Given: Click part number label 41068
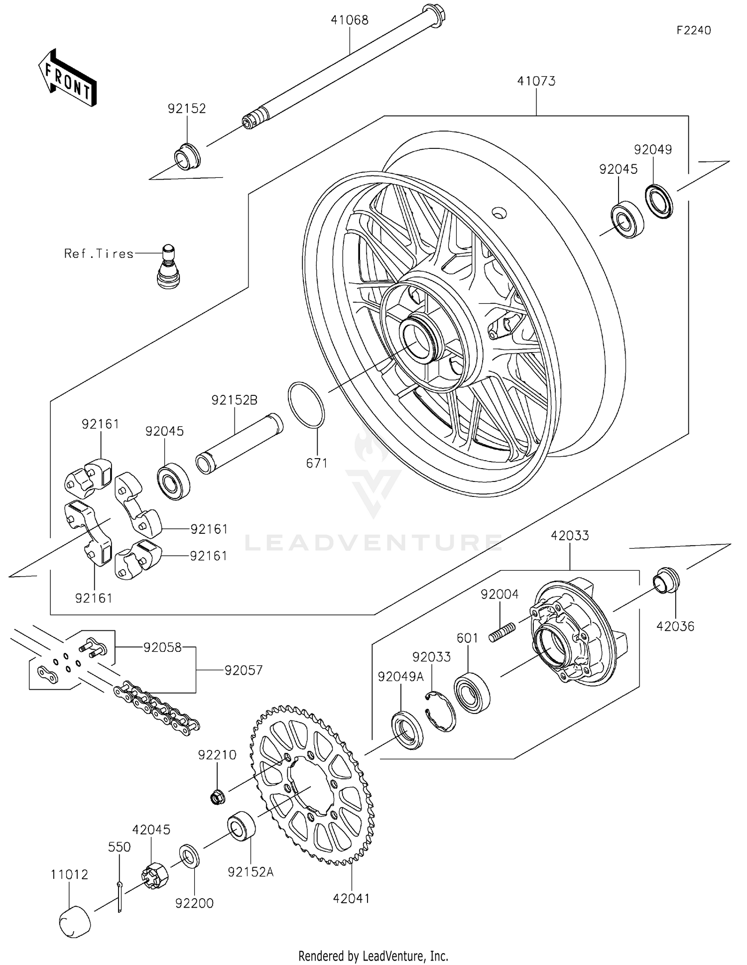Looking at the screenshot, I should [350, 20].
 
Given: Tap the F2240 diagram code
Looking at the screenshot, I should [693, 30].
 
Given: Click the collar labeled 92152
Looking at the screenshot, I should [187, 156].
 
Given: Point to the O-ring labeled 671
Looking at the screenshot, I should [306, 405].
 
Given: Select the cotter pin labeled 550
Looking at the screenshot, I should [120, 896].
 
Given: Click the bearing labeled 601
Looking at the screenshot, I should [472, 692].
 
